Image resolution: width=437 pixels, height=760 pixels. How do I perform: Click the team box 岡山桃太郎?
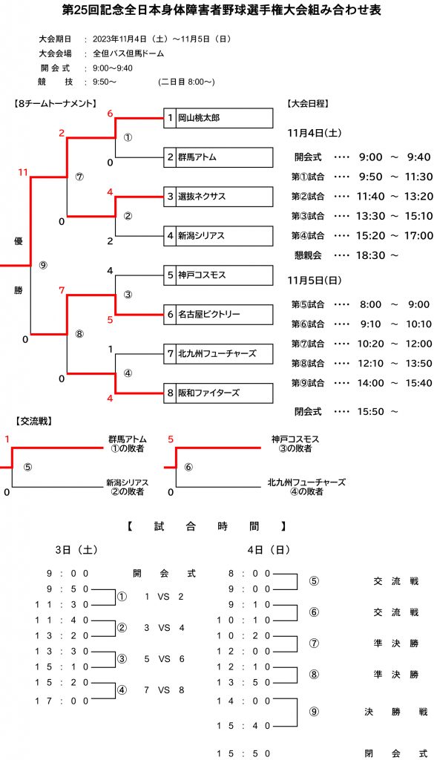click(218, 118)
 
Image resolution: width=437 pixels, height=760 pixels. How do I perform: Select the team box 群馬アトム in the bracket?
click(218, 157)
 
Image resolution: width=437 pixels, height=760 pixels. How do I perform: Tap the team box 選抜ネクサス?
click(218, 197)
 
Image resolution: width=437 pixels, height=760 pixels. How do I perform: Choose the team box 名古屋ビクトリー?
click(218, 315)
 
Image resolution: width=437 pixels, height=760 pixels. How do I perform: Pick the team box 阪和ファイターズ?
click(218, 393)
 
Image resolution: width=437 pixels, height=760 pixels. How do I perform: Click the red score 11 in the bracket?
click(23, 172)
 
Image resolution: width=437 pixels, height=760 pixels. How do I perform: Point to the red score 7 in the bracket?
click(62, 290)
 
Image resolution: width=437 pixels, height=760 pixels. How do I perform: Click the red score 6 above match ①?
click(110, 114)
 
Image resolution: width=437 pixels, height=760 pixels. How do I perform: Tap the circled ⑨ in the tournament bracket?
click(44, 265)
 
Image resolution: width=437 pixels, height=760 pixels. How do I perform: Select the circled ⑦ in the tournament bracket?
click(79, 177)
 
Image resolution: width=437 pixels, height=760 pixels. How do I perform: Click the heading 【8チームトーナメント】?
click(55, 103)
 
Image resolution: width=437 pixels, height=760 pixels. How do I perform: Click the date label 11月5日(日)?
click(315, 280)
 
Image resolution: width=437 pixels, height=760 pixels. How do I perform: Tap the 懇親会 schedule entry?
click(308, 255)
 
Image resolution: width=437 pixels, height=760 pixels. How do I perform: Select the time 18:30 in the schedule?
click(371, 255)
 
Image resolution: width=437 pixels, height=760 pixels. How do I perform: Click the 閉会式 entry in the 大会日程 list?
click(308, 411)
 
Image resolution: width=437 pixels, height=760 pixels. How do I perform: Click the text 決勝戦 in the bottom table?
click(396, 712)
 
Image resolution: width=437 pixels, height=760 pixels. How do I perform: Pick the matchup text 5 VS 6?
click(164, 659)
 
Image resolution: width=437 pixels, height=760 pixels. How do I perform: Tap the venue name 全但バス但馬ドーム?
click(128, 53)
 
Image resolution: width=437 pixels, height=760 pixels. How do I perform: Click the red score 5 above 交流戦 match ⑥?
click(171, 439)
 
